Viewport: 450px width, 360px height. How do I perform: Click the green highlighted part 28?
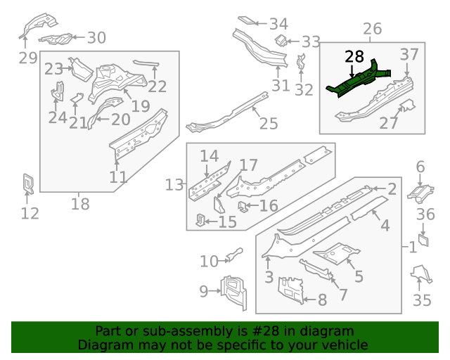point(359,80)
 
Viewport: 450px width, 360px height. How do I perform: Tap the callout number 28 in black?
point(354,56)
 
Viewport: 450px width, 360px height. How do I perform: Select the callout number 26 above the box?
point(372,29)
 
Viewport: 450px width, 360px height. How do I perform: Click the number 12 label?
point(30,213)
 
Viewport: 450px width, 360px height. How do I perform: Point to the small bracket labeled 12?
point(29,183)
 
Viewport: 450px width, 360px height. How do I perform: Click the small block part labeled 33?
point(278,40)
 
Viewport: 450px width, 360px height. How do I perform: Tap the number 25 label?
point(269,124)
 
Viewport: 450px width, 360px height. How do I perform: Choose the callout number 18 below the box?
point(81,204)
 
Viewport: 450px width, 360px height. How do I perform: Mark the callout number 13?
point(174,185)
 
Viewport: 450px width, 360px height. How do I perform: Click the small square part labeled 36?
point(424,243)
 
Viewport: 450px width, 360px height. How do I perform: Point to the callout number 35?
point(422,300)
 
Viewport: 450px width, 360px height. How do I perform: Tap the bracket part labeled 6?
point(420,190)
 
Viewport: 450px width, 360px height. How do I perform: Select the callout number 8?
point(322,300)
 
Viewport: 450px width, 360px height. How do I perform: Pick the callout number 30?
point(96,38)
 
